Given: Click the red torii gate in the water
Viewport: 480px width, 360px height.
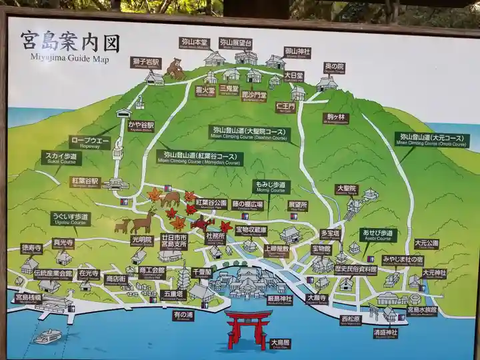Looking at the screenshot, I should point(249,326).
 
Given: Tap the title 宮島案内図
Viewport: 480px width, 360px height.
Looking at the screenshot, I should point(70,43).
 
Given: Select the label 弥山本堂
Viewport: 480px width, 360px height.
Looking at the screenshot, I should point(194,42).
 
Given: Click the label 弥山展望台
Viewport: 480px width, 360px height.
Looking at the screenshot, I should point(236,43).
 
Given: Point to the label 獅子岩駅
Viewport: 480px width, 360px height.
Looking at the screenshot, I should point(146,63).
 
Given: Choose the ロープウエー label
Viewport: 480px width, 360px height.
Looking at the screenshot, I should point(89,141).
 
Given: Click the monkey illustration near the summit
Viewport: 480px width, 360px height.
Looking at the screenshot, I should point(175,68).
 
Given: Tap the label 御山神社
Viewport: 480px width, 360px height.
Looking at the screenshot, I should point(297,51).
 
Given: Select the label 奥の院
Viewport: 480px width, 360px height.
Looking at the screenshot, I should point(334,67).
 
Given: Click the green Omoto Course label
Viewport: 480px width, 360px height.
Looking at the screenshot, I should point(431,139).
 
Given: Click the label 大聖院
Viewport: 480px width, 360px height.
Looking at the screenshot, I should point(346,189).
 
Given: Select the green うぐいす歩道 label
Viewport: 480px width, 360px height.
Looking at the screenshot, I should point(70,218).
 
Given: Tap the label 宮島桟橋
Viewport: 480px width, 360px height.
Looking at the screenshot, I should point(28,297).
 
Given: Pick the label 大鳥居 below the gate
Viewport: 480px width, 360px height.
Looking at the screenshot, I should point(280,344).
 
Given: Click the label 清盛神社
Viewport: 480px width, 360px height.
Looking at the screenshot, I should point(385,333).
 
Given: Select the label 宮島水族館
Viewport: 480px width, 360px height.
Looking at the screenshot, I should point(421,311).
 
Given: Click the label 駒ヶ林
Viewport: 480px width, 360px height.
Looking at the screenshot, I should point(336,118).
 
